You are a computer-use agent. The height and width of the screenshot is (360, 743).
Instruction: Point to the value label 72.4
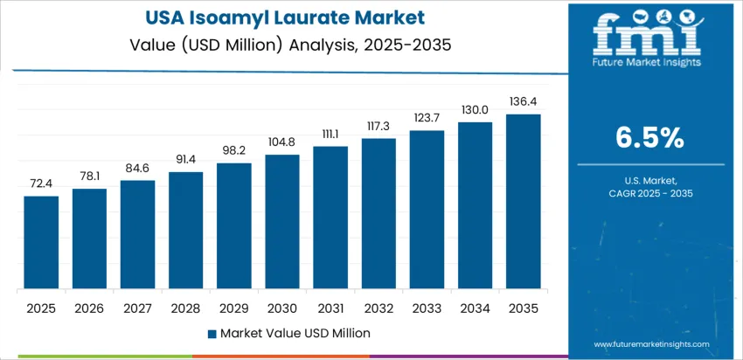[41, 184]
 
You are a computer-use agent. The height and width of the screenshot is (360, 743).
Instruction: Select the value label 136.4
[524, 101]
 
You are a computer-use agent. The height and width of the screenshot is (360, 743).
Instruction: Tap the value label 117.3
[378, 126]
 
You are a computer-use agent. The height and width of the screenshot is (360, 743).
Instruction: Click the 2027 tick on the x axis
[137, 308]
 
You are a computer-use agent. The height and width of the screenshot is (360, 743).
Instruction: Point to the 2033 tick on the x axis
[427, 308]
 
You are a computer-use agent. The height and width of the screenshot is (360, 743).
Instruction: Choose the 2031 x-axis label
[330, 308]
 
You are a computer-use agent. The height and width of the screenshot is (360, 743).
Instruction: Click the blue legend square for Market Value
[212, 333]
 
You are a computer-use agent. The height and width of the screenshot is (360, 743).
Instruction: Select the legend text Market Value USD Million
[295, 333]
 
